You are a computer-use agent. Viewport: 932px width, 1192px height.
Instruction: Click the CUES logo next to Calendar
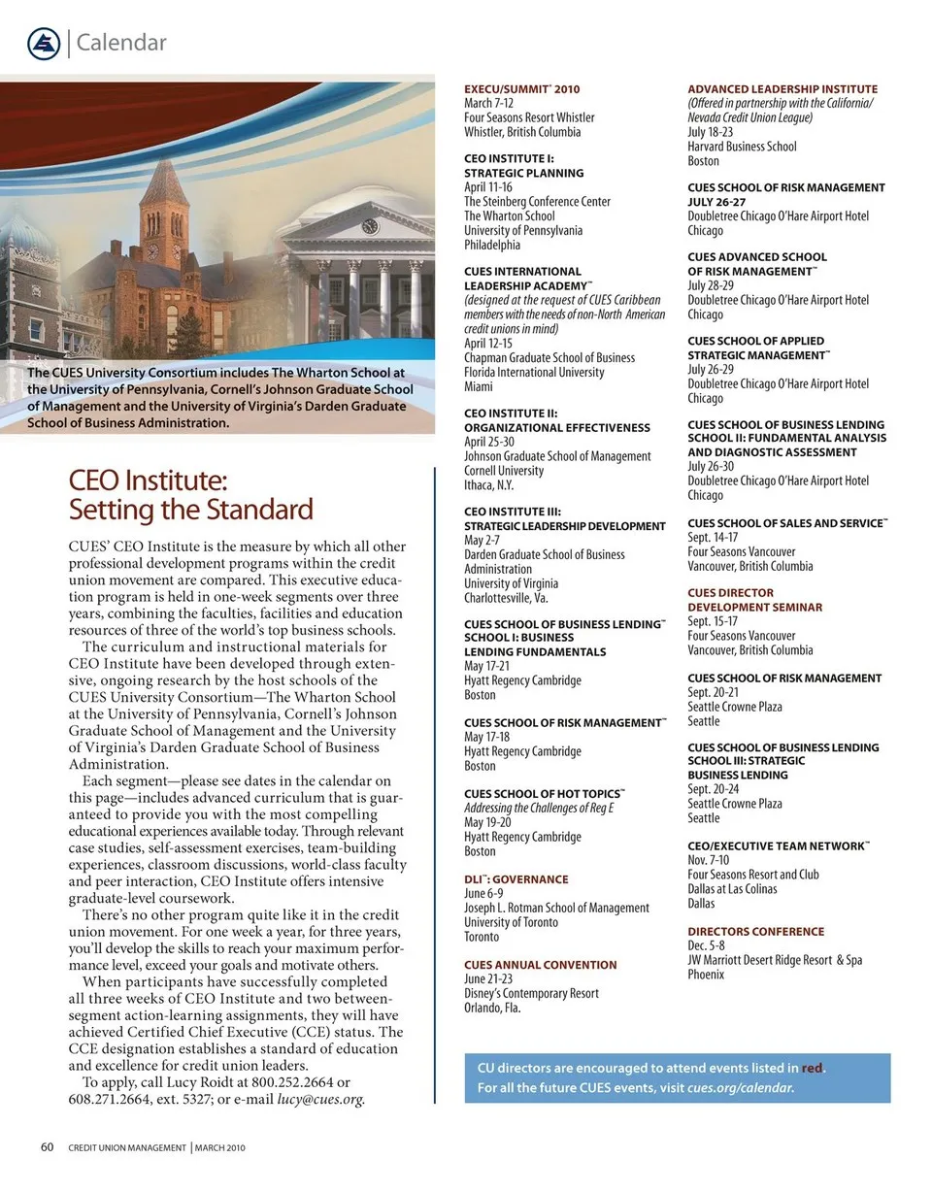pos(44,43)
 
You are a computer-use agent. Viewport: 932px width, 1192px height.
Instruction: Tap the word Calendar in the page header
pos(120,43)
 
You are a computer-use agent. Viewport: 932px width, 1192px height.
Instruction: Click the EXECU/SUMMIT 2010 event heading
pos(521,89)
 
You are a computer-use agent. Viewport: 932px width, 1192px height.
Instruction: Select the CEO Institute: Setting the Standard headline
pos(190,495)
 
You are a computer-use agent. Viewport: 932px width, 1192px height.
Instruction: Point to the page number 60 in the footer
pos(47,1147)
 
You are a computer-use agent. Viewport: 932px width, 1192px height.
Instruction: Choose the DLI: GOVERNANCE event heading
pos(516,879)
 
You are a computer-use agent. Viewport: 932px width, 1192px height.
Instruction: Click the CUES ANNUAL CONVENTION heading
pos(540,965)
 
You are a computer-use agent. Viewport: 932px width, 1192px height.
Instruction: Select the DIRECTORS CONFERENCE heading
pos(755,932)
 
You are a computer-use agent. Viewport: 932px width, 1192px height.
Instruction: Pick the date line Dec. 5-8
pos(706,945)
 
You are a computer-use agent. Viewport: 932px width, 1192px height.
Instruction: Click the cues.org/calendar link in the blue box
pos(740,1088)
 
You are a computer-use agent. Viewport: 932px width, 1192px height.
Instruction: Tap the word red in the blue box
pos(813,1068)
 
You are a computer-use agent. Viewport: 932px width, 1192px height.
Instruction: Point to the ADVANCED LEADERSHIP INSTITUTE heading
pos(782,89)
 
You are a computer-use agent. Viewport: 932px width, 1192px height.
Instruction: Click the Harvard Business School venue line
pos(742,147)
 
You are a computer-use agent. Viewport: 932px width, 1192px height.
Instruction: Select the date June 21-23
pos(488,979)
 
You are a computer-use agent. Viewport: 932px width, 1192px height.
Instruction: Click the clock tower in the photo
pos(164,223)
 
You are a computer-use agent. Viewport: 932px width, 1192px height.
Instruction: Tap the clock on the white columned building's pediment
pos(369,226)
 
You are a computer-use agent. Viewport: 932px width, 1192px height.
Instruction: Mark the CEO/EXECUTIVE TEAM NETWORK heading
pos(778,846)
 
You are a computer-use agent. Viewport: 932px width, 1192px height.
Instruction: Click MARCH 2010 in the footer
pos(219,1148)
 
